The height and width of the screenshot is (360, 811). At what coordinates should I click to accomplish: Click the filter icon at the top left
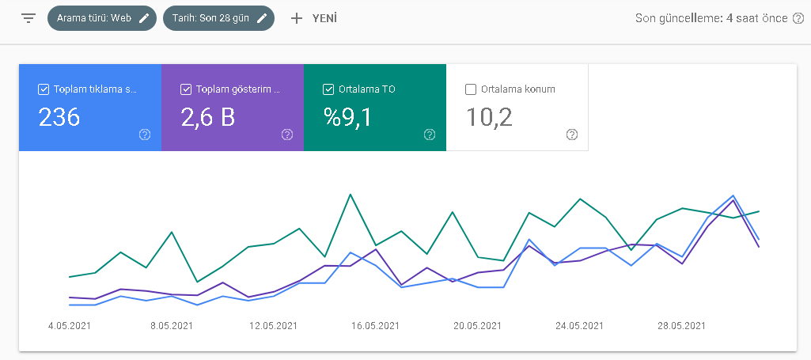pos(28,19)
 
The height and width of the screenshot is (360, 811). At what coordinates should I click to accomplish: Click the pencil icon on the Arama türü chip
pos(144,19)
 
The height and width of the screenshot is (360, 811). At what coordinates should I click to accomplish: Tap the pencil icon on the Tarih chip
pos(262,19)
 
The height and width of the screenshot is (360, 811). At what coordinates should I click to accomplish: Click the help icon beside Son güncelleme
pos(798,19)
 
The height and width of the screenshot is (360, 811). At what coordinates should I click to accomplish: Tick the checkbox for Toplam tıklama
pos(44,89)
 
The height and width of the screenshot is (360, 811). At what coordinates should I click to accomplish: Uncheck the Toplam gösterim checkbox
pos(186,89)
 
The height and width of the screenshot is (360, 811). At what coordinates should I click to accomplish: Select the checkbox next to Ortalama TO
pos(328,89)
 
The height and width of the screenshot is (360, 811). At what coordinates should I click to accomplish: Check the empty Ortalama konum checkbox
pos(471,89)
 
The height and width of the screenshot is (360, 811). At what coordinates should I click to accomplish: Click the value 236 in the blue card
pos(59,117)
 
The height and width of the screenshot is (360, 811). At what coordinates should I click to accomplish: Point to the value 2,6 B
pos(208,117)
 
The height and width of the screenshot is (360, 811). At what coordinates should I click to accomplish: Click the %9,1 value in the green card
pos(347,117)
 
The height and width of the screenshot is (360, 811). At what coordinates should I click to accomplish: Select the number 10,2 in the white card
pos(489,117)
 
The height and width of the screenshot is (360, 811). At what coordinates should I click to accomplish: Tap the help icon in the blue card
pos(145,135)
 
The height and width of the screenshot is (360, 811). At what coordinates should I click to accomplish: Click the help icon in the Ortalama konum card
pos(571,135)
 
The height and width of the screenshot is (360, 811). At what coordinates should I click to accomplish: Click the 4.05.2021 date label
pos(70,326)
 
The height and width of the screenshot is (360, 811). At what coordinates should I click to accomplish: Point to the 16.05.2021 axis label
pos(376,326)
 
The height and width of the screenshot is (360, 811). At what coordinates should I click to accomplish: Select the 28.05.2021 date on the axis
pos(682,326)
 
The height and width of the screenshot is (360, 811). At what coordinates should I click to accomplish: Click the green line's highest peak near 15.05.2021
pos(351,195)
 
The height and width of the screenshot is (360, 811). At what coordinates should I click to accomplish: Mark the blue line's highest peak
pos(733,195)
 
